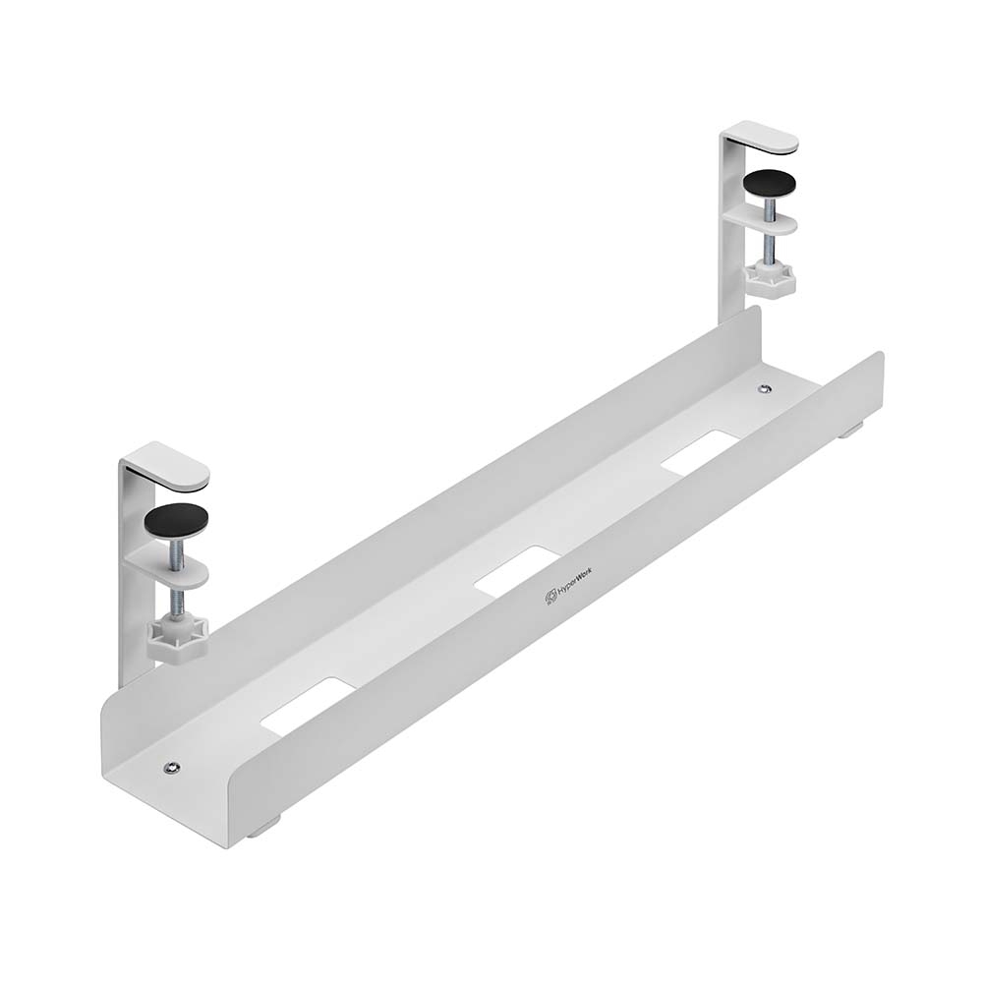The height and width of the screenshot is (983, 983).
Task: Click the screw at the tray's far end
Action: [765, 389]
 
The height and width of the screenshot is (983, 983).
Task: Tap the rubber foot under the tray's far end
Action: [851, 428]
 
